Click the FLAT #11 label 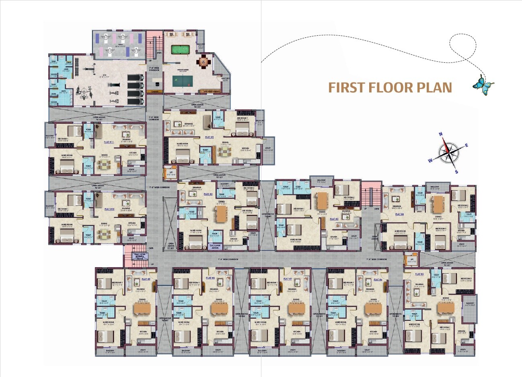pyautogui.click(x=109, y=142)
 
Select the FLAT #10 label pyautogui.click(x=109, y=209)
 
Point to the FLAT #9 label pyautogui.click(x=146, y=279)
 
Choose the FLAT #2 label pyautogui.click(x=208, y=194)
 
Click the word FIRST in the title pyautogui.click(x=347, y=88)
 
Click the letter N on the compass pyautogui.click(x=441, y=135)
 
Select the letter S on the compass pyautogui.click(x=456, y=172)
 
